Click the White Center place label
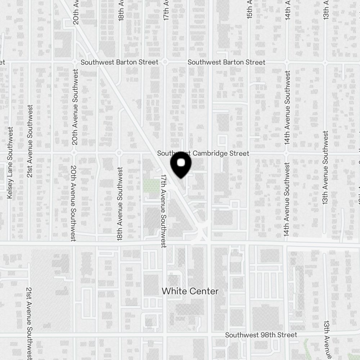click(x=190, y=291)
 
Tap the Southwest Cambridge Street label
click(x=203, y=153)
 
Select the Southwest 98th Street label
click(x=261, y=335)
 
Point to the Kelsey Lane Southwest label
click(x=10, y=163)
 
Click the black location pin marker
click(x=181, y=166)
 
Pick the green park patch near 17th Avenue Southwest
click(x=151, y=186)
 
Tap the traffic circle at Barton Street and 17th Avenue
click(x=165, y=62)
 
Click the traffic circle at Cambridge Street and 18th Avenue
click(x=119, y=153)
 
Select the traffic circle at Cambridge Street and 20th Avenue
click(x=74, y=153)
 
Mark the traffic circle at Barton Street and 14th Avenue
click(x=287, y=62)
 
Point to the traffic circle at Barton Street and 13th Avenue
click(x=325, y=62)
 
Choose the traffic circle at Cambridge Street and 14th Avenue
click(x=287, y=153)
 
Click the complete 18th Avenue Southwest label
click(x=120, y=204)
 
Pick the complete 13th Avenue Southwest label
click(x=325, y=167)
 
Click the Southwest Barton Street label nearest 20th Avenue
click(x=119, y=62)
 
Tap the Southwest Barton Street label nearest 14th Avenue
click(x=226, y=62)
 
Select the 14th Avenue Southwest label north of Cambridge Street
click(x=287, y=108)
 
